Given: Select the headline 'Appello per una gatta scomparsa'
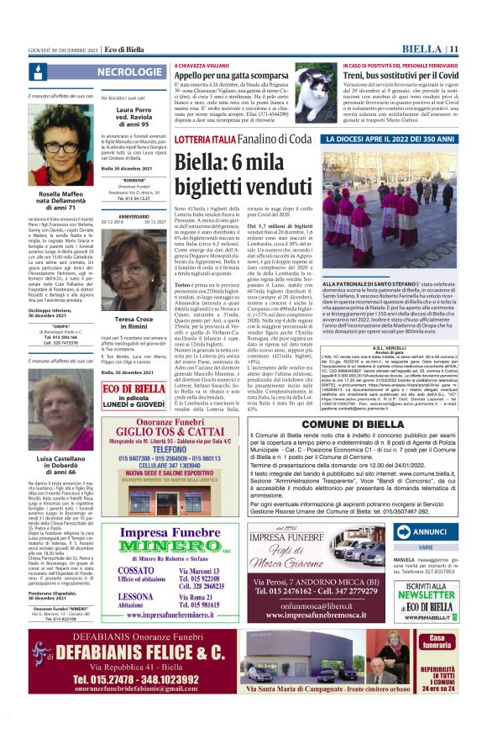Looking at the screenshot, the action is coord(240,75).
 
